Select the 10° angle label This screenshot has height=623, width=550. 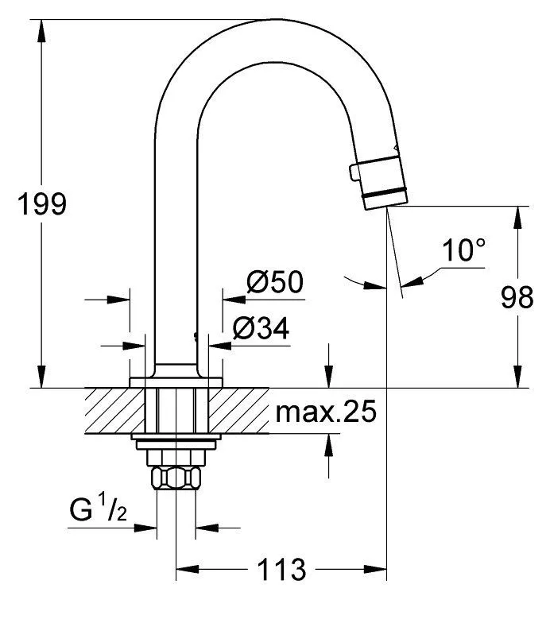click(x=464, y=252)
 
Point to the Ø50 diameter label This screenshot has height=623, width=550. click(x=275, y=283)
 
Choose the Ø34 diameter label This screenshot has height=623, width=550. click(x=261, y=327)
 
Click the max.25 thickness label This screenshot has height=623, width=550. click(x=325, y=412)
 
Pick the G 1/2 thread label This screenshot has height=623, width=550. click(x=93, y=509)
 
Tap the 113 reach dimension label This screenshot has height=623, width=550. click(x=281, y=570)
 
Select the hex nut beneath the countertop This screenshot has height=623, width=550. click(x=176, y=478)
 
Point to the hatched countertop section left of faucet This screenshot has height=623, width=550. click(x=107, y=411)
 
